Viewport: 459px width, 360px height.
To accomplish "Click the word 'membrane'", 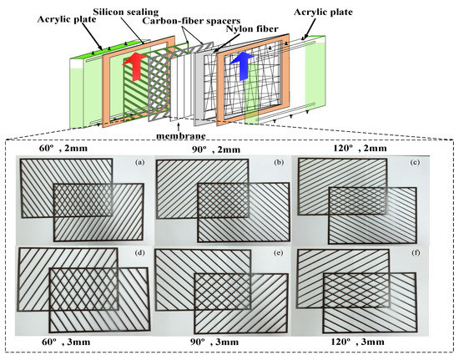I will coord(180,134).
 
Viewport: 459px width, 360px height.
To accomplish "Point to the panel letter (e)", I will coord(280,251).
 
